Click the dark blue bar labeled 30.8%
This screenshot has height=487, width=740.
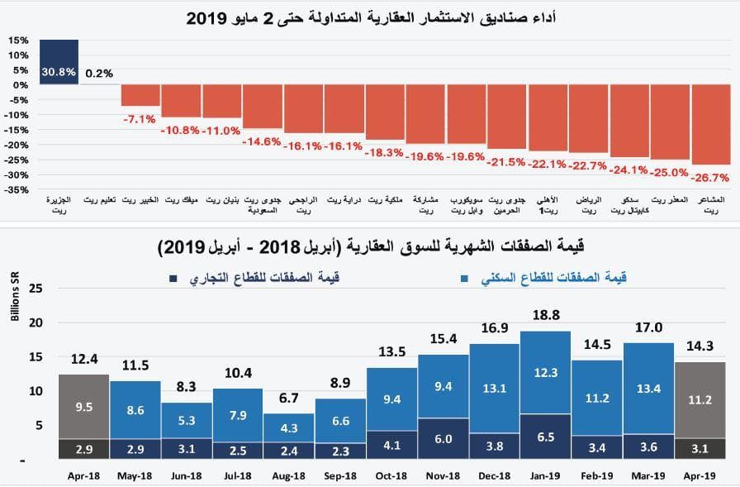point(59,62)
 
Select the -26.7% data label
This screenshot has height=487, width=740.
point(710,177)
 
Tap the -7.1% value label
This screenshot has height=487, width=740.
point(140,119)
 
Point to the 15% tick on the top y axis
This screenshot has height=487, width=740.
point(19,40)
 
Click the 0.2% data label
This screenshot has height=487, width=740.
point(99,73)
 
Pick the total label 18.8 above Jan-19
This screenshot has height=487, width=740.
point(546,316)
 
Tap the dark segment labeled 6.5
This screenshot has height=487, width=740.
point(546,437)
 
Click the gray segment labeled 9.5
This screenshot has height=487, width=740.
point(83,406)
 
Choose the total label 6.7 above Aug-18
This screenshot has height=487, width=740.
point(289,399)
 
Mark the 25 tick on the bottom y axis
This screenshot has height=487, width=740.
point(35,288)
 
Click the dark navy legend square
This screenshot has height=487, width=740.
point(173,279)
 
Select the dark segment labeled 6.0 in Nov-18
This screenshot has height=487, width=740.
point(444,439)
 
